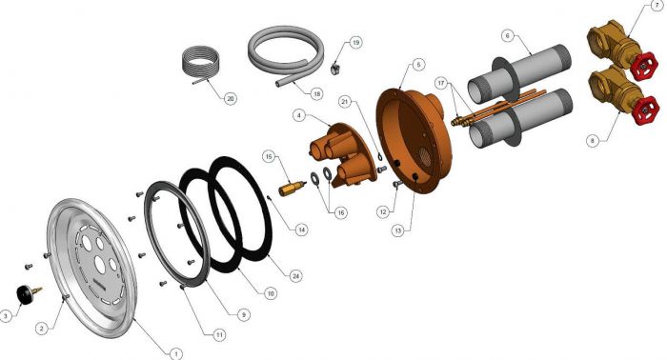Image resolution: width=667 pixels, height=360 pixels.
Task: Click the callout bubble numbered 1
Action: pos(175,353)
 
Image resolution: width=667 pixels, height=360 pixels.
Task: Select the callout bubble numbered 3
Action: pos(6,316)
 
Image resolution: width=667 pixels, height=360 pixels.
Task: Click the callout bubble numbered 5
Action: pos(418,65)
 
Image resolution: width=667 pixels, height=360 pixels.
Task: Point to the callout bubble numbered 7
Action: pos(658,7)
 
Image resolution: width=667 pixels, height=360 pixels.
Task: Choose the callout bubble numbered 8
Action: pos(593,140)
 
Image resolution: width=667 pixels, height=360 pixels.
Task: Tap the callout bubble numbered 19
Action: pos(355,43)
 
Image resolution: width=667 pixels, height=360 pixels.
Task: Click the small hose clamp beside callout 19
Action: pos(336,68)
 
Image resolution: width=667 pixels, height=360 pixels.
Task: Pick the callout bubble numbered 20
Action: pos(231,99)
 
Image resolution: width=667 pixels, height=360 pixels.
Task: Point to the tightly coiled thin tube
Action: pos(199,65)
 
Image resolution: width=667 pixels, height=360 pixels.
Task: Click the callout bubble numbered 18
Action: pos(316,93)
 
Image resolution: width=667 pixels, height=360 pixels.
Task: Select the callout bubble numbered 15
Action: pos(269,156)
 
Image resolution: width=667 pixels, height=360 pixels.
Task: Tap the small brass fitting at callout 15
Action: pos(292,188)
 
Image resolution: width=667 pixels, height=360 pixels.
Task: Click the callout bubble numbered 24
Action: pos(295,276)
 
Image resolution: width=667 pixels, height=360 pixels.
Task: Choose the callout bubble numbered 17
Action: pos(440,83)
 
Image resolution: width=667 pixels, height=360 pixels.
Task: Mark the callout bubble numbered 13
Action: pos(397,230)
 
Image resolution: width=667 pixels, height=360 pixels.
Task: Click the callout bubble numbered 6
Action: pos(507,35)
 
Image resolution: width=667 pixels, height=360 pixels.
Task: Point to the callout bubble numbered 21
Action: pos(345,102)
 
